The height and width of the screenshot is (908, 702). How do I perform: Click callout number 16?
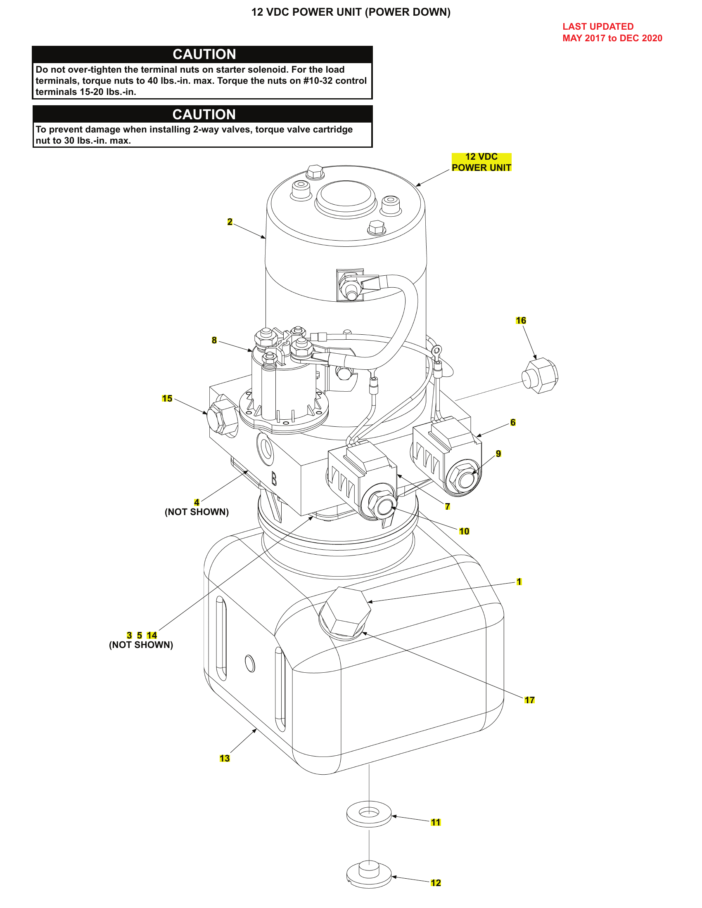coord(521,321)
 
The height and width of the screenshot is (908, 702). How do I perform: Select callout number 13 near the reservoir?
coord(225,758)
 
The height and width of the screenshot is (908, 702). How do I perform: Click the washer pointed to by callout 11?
coord(369,813)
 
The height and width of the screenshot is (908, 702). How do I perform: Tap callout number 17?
coord(529,700)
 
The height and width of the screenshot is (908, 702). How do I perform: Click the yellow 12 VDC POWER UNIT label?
coord(481,162)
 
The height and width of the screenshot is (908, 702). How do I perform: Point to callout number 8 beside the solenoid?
coord(214,340)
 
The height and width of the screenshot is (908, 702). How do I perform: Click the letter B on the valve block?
coord(274,478)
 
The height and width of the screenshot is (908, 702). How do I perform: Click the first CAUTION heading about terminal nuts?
coord(204,54)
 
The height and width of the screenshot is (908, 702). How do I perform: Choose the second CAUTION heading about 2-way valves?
coord(204,114)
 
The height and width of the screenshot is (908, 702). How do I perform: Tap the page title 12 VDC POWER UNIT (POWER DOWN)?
coord(351,12)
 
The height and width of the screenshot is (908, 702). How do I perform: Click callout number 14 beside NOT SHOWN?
coord(152,635)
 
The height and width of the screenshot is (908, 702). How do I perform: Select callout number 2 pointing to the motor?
coord(230,222)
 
